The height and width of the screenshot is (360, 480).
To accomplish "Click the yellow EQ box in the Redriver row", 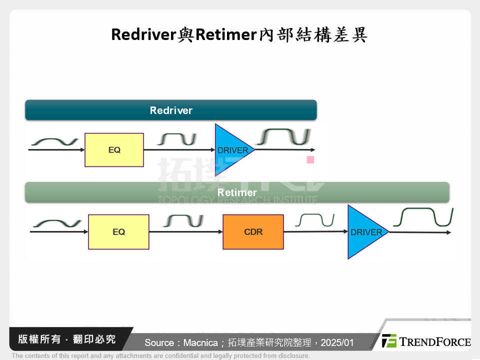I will pos(114,149).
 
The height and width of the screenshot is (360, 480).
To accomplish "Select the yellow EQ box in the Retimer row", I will pos(118,231).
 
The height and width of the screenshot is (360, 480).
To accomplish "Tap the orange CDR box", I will pos(253,231).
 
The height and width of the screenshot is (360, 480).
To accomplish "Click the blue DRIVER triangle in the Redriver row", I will pos(231,149).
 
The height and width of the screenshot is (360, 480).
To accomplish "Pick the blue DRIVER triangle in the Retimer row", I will pos(364,232).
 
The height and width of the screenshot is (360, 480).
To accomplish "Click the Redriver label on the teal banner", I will pos(171,110).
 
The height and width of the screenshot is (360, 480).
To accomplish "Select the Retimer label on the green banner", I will pos(237,192).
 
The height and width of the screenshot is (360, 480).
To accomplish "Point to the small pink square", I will pos(310,160).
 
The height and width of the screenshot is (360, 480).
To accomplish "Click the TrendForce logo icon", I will pos(389,341).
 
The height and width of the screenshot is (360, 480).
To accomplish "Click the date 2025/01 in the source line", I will pos(337,342).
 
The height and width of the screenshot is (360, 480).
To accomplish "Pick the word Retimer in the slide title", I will pos(224,35).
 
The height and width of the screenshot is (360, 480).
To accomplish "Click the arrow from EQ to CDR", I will pos(185,231).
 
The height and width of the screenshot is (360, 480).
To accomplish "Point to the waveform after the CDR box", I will pos(314,220).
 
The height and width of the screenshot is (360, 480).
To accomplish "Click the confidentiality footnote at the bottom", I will pos(160,356).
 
